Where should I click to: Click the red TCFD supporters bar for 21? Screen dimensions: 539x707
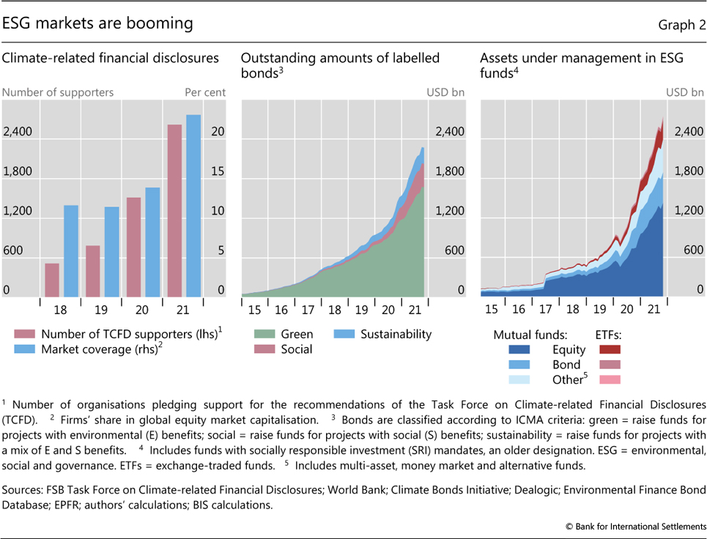point(174,209)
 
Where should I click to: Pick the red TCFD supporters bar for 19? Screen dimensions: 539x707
point(92,270)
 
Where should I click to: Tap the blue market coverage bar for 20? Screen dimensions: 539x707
point(152,241)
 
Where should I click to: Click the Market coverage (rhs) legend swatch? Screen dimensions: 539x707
point(25,349)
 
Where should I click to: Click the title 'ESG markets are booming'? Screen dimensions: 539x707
point(97,23)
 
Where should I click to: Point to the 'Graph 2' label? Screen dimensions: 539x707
point(681,24)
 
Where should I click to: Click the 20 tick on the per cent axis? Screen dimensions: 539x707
point(218,132)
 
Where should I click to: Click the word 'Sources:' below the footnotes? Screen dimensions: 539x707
point(22,489)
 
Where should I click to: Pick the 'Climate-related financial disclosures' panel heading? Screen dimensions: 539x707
point(111,57)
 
